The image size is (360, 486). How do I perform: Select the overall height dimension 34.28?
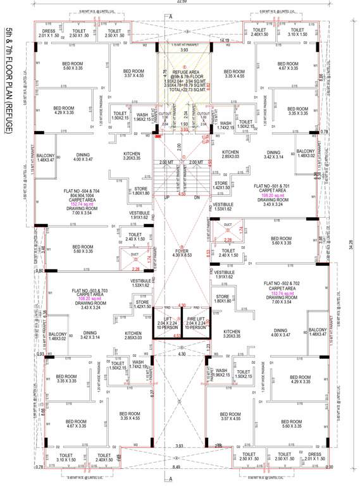coord(350,242)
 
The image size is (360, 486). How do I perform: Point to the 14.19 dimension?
coord(224,40)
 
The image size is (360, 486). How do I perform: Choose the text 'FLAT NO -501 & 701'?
coord(276,187)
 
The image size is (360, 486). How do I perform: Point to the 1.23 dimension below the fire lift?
coord(206,347)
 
